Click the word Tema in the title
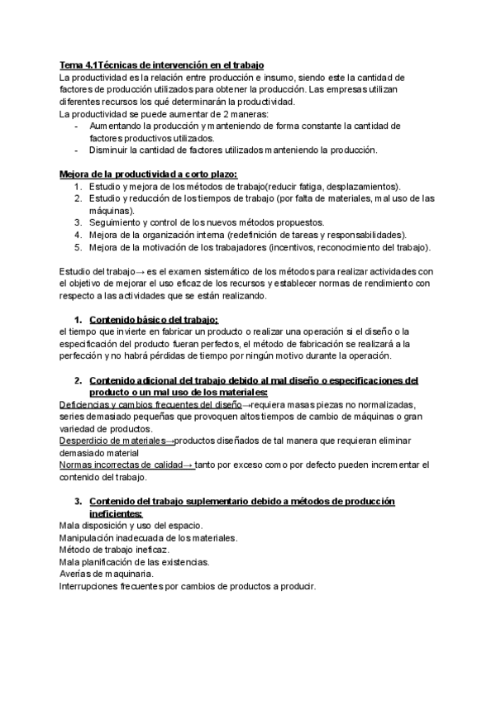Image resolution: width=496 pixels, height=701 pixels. point(72,65)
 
